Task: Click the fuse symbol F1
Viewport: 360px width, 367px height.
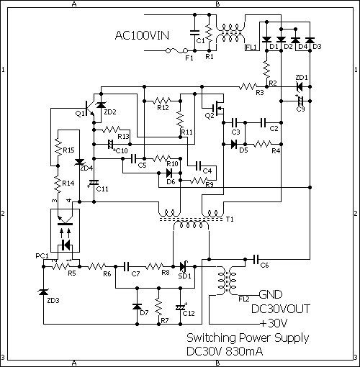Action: [x=176, y=50]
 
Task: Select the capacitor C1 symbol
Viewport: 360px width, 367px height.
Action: [x=194, y=33]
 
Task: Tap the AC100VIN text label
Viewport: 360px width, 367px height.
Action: [x=142, y=35]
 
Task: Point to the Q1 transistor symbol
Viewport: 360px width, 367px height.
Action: [x=89, y=109]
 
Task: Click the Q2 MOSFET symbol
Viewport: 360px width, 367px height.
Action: [x=217, y=108]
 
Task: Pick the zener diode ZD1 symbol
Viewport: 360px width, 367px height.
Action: [x=300, y=86]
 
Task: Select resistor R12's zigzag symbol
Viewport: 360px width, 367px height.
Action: [x=163, y=101]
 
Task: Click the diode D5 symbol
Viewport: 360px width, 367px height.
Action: [x=234, y=144]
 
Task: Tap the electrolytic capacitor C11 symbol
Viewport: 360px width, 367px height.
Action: [x=94, y=183]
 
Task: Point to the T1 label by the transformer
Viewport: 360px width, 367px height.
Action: [x=230, y=219]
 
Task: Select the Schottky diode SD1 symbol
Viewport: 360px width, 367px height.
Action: [x=184, y=266]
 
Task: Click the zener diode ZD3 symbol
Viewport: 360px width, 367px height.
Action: [x=43, y=291]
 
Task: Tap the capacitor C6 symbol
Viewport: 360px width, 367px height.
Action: [x=256, y=259]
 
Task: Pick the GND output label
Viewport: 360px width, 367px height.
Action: [x=271, y=294]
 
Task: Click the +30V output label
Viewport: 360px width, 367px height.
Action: [x=274, y=324]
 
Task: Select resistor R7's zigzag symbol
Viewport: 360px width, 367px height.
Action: [x=158, y=307]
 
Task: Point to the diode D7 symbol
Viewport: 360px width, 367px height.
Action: [x=137, y=307]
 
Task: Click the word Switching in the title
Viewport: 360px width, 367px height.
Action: [x=211, y=338]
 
